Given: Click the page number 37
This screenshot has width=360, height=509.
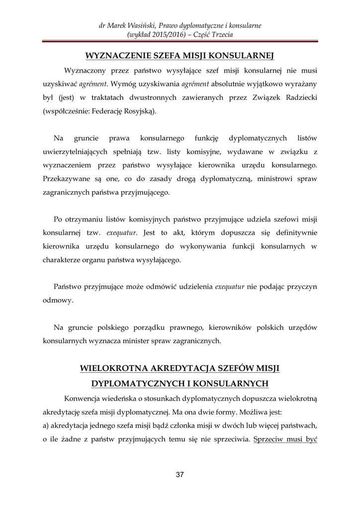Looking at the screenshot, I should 180,475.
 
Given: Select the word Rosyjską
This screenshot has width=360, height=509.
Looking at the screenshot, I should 140,111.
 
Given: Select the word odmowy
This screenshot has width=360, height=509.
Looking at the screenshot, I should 58,300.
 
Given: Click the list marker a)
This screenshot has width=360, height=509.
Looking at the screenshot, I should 47,426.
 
